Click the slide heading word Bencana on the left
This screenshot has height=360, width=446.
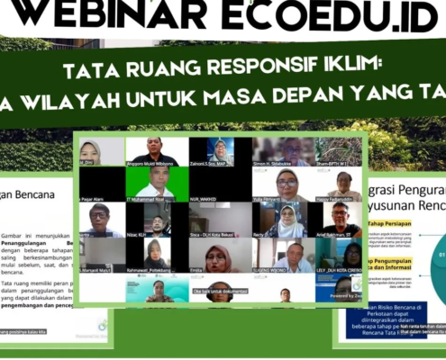tap(35, 193)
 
